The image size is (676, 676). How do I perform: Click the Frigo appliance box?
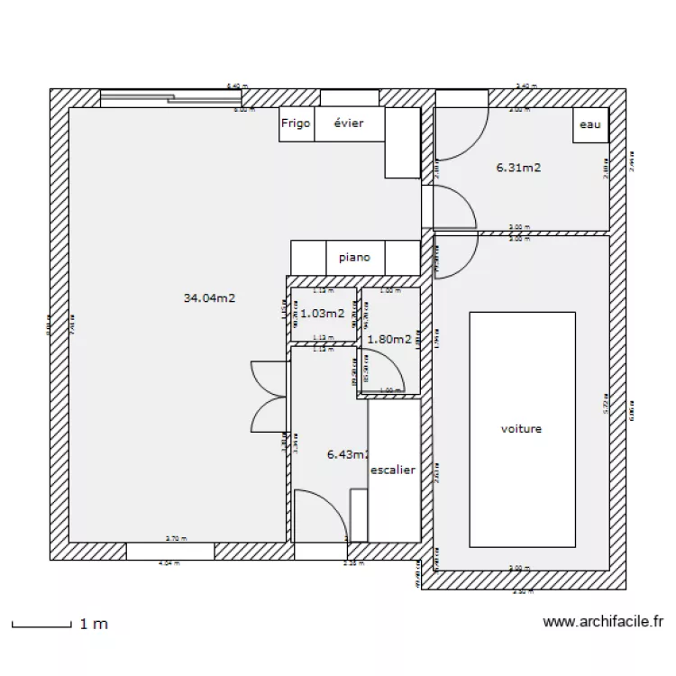(x=296, y=124)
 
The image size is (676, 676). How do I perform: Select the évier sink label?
(x=349, y=124)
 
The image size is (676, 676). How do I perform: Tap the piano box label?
(x=355, y=257)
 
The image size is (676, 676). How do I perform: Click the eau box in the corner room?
(x=589, y=125)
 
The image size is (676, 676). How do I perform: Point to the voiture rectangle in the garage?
(x=522, y=429)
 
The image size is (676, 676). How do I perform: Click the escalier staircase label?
(x=393, y=470)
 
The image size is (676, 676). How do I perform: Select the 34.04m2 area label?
(x=209, y=297)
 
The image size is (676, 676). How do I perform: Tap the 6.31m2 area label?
(x=518, y=167)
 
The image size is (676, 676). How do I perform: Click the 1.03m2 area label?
(x=322, y=314)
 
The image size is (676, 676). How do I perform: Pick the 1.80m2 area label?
(x=389, y=340)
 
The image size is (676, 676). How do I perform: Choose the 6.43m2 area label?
(x=348, y=455)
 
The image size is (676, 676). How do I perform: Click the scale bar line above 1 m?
(x=41, y=624)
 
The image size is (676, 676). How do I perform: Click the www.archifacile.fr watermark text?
(x=604, y=621)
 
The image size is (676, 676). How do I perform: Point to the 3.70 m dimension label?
(x=176, y=539)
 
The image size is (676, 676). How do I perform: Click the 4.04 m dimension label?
(x=168, y=563)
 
